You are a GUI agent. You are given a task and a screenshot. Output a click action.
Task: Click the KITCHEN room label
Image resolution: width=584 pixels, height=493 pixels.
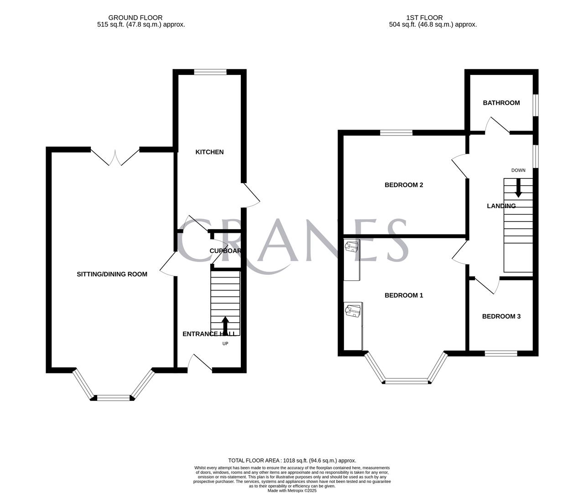[209, 152]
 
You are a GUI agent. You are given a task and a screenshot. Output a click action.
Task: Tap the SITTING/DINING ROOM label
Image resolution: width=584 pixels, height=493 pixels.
[112, 274]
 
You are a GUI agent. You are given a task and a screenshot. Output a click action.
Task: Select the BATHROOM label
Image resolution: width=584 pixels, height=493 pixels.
[501, 103]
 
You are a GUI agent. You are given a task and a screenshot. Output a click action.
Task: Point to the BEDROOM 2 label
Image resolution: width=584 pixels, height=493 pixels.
[404, 185]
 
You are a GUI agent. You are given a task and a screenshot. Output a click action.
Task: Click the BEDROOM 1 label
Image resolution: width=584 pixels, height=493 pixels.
[404, 295]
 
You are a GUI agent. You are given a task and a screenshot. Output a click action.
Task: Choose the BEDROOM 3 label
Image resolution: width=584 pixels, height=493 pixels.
[501, 316]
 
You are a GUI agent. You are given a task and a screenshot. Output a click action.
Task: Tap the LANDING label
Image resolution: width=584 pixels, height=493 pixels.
[501, 206]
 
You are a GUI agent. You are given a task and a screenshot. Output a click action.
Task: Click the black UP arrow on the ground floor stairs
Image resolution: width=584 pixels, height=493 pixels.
[225, 325]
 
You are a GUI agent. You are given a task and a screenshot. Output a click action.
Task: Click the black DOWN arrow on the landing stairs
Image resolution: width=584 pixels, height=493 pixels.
[518, 188]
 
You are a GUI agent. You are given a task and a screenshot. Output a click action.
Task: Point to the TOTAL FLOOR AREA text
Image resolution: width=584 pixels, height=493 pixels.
[292, 461]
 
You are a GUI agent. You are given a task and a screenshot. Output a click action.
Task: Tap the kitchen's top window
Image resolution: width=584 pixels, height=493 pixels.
[210, 72]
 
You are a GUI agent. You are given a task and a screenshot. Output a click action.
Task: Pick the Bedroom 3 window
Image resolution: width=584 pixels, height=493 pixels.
[501, 353]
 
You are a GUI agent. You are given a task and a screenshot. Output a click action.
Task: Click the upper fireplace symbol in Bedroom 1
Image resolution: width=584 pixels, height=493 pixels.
[352, 248]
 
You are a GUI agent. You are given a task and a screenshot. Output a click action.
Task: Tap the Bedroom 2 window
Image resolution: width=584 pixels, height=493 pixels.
[396, 133]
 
